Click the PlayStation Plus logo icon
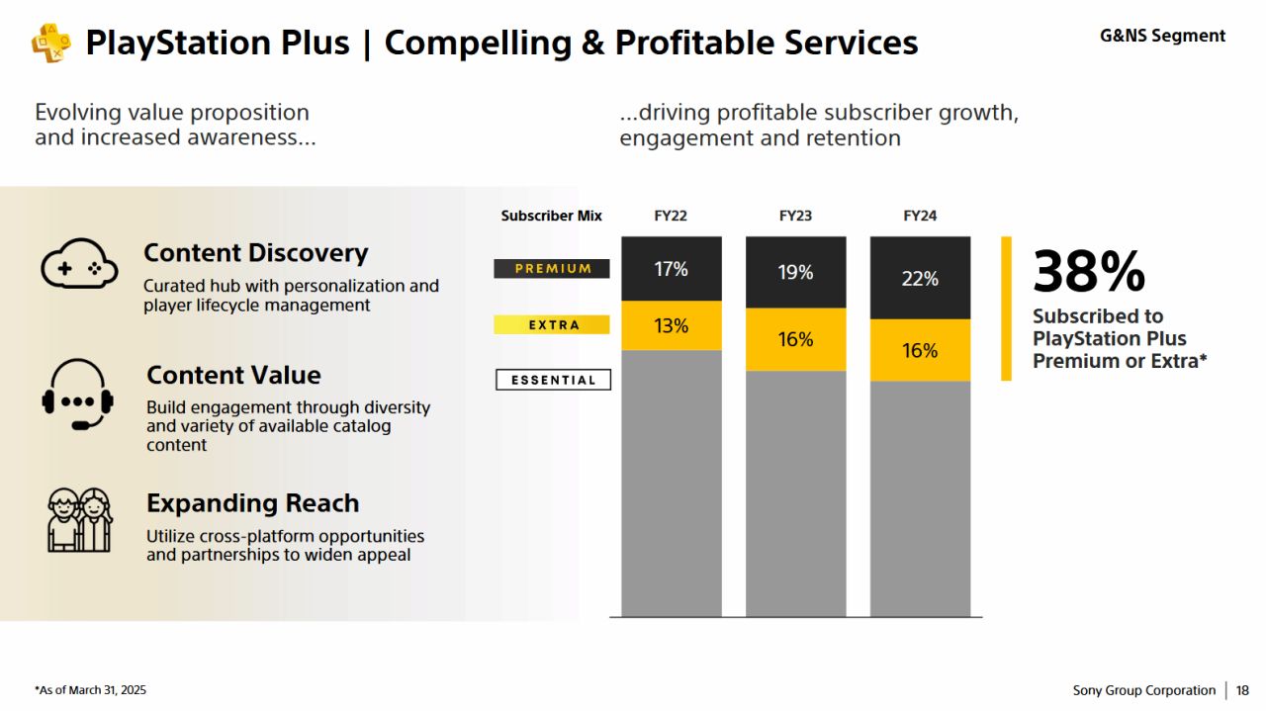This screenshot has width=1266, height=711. pos(50,43)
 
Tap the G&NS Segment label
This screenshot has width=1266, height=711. pos(1162,36)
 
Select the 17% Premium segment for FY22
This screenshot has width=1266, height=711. pos(672,269)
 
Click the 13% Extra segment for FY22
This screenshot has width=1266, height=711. pos(672,325)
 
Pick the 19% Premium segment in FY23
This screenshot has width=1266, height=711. pos(795,272)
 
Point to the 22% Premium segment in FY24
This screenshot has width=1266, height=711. pos(920,279)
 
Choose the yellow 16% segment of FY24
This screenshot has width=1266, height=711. pos(920,350)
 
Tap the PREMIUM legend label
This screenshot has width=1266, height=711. pos(552,268)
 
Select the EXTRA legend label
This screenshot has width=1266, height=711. pos(552,324)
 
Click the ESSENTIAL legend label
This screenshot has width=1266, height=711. pos(553,380)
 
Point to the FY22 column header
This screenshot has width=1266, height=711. pos(671,216)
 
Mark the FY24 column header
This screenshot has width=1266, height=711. pos(920,216)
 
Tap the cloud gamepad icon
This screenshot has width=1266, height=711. pos(79,264)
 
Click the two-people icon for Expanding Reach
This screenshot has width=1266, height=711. pos(79,519)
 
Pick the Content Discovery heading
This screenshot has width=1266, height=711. pos(255,253)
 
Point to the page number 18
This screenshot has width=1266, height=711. pos(1242,690)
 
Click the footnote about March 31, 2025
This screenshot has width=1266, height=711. pos(90,690)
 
